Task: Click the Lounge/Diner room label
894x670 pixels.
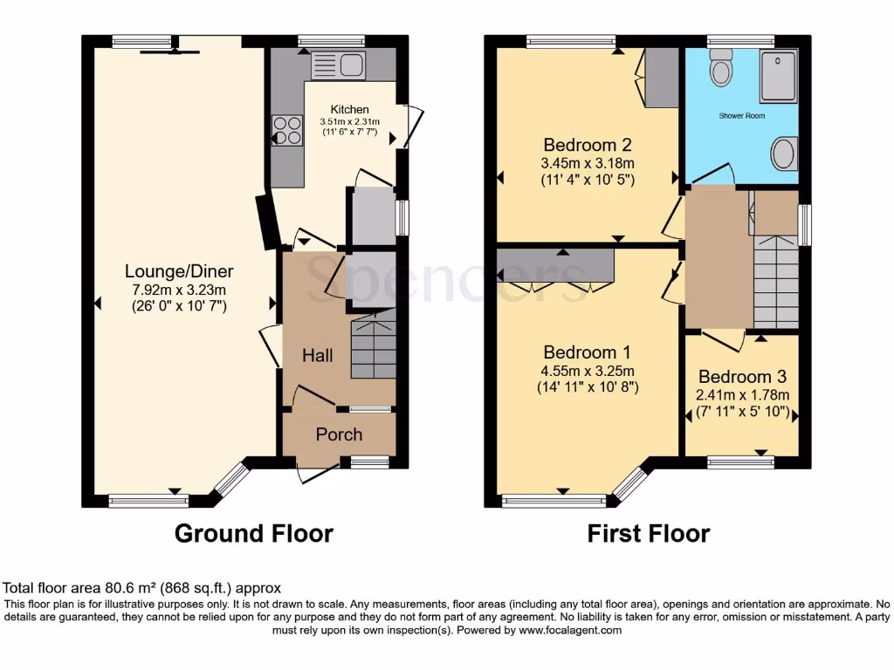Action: (x=179, y=270)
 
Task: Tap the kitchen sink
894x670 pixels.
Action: (x=336, y=64)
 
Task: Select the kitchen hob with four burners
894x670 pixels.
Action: (x=285, y=130)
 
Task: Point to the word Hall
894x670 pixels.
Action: (x=317, y=355)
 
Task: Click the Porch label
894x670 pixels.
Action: (x=339, y=434)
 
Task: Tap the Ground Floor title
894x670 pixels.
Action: (x=254, y=533)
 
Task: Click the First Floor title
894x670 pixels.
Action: (x=648, y=533)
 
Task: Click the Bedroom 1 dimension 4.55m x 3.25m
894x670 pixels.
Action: (x=588, y=370)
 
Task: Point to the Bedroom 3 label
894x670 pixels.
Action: (x=742, y=377)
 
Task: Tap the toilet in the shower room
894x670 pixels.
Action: (x=721, y=67)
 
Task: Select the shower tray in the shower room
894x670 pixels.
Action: (x=778, y=76)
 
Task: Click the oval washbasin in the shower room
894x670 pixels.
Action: (x=783, y=154)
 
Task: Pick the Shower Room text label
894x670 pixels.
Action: (x=741, y=115)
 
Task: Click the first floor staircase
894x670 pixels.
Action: (x=775, y=279)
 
